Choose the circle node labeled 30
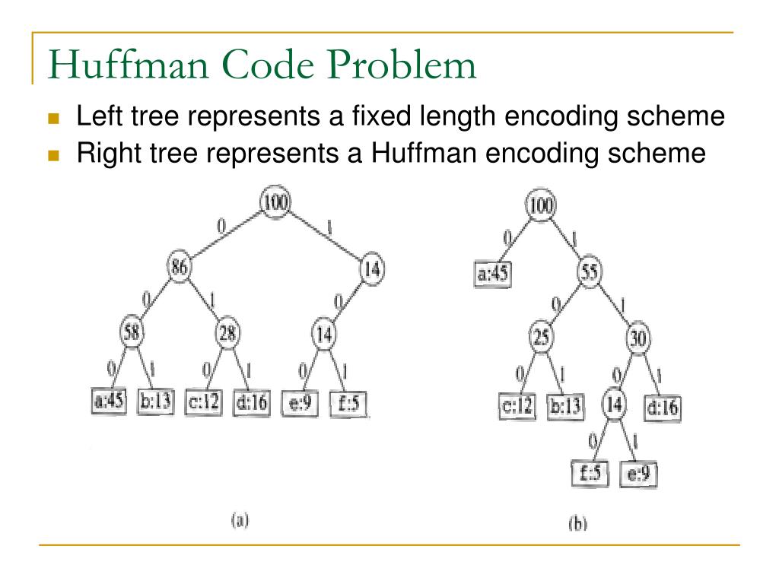[638, 338]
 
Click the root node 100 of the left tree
[275, 203]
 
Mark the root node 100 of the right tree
[541, 204]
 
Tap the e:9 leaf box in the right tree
[639, 474]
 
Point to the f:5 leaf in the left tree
[349, 401]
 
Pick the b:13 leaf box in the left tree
[156, 401]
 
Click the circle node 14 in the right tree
[615, 404]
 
